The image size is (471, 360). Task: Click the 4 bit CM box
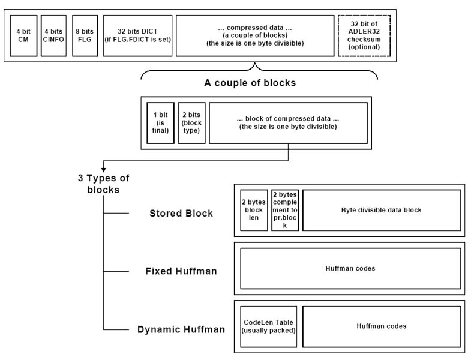(x=24, y=35)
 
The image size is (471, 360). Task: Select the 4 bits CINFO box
(x=53, y=35)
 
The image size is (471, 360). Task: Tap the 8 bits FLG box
(x=84, y=35)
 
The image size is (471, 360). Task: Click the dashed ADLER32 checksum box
(x=359, y=35)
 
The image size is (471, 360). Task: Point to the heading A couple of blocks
(x=250, y=83)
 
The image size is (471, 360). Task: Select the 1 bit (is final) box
(x=160, y=123)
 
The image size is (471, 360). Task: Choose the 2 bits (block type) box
(x=192, y=123)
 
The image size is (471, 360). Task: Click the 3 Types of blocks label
(x=104, y=184)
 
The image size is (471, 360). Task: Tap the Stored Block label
(x=181, y=214)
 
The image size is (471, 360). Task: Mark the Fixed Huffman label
(x=181, y=271)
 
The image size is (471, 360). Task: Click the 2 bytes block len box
(x=254, y=210)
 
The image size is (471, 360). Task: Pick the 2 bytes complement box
(x=285, y=210)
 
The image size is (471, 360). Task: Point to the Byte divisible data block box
(x=381, y=210)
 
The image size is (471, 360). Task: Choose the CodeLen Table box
(x=269, y=326)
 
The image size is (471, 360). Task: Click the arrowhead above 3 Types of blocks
(x=103, y=169)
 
